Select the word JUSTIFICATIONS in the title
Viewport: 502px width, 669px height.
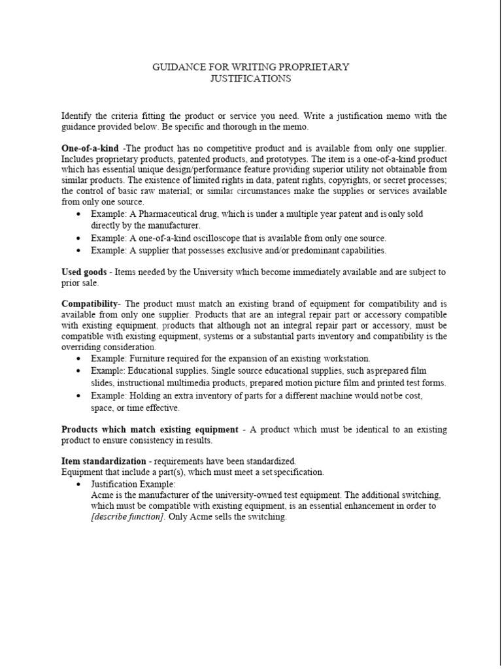coord(250,78)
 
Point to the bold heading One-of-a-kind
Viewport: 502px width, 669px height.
coord(90,148)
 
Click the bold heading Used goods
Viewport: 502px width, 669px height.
coord(84,272)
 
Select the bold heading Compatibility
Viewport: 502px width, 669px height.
coord(90,304)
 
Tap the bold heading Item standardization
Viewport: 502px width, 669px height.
coord(103,461)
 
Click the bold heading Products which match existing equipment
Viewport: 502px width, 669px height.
coord(150,429)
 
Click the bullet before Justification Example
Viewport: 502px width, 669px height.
coord(79,484)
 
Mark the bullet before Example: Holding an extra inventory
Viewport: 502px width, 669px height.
coord(79,396)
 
